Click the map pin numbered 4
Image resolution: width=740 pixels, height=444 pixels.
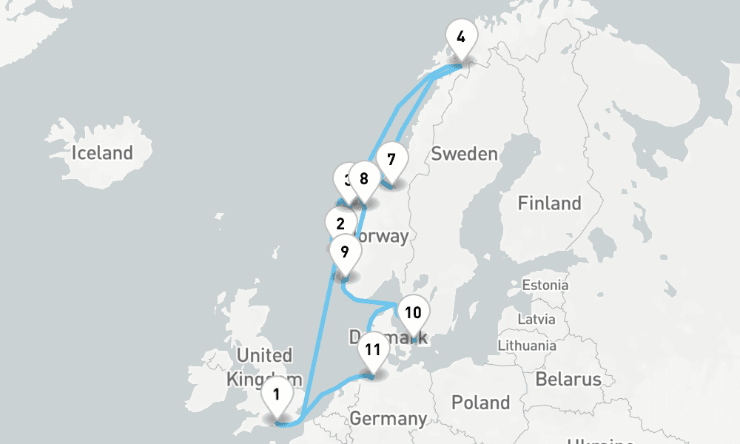click(x=461, y=37)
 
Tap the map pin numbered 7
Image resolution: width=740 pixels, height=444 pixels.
click(x=391, y=160)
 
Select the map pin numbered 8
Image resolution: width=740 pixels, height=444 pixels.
click(x=363, y=179)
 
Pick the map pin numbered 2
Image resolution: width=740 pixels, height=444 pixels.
click(x=340, y=224)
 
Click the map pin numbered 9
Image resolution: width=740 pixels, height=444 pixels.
click(x=344, y=252)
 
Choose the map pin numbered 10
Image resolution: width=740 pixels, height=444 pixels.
click(x=413, y=313)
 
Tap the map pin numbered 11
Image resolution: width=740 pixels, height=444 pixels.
click(x=372, y=350)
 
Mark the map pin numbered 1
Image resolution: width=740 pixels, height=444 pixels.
click(x=276, y=394)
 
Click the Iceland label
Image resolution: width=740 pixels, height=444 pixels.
click(x=102, y=154)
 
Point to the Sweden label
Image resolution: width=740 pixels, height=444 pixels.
click(x=464, y=154)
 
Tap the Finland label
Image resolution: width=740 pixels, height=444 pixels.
click(x=549, y=203)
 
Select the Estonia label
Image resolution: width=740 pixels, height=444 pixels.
click(x=545, y=285)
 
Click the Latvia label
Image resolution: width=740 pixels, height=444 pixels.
click(x=536, y=320)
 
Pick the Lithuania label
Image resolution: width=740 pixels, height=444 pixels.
click(x=526, y=345)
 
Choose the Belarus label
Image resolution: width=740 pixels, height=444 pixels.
click(x=568, y=380)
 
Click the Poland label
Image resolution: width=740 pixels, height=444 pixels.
click(x=481, y=403)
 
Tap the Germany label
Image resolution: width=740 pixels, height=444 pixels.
click(x=388, y=419)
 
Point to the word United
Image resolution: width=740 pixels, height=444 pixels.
click(x=264, y=355)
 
